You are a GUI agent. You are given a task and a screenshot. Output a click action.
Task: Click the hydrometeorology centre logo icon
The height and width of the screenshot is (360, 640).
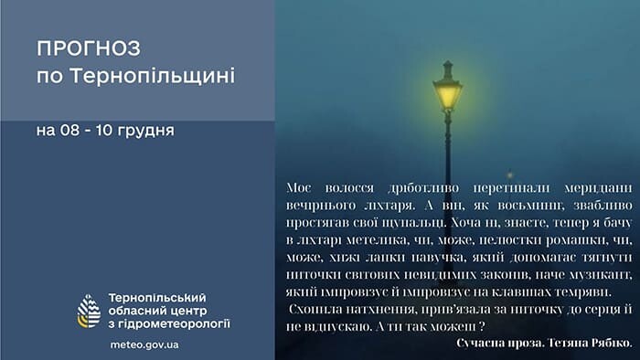(90, 311)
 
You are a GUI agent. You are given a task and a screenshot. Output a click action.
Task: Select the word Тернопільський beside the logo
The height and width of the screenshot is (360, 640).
(156, 298)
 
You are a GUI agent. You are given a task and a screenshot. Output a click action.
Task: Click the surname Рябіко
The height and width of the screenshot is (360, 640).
(607, 342)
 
